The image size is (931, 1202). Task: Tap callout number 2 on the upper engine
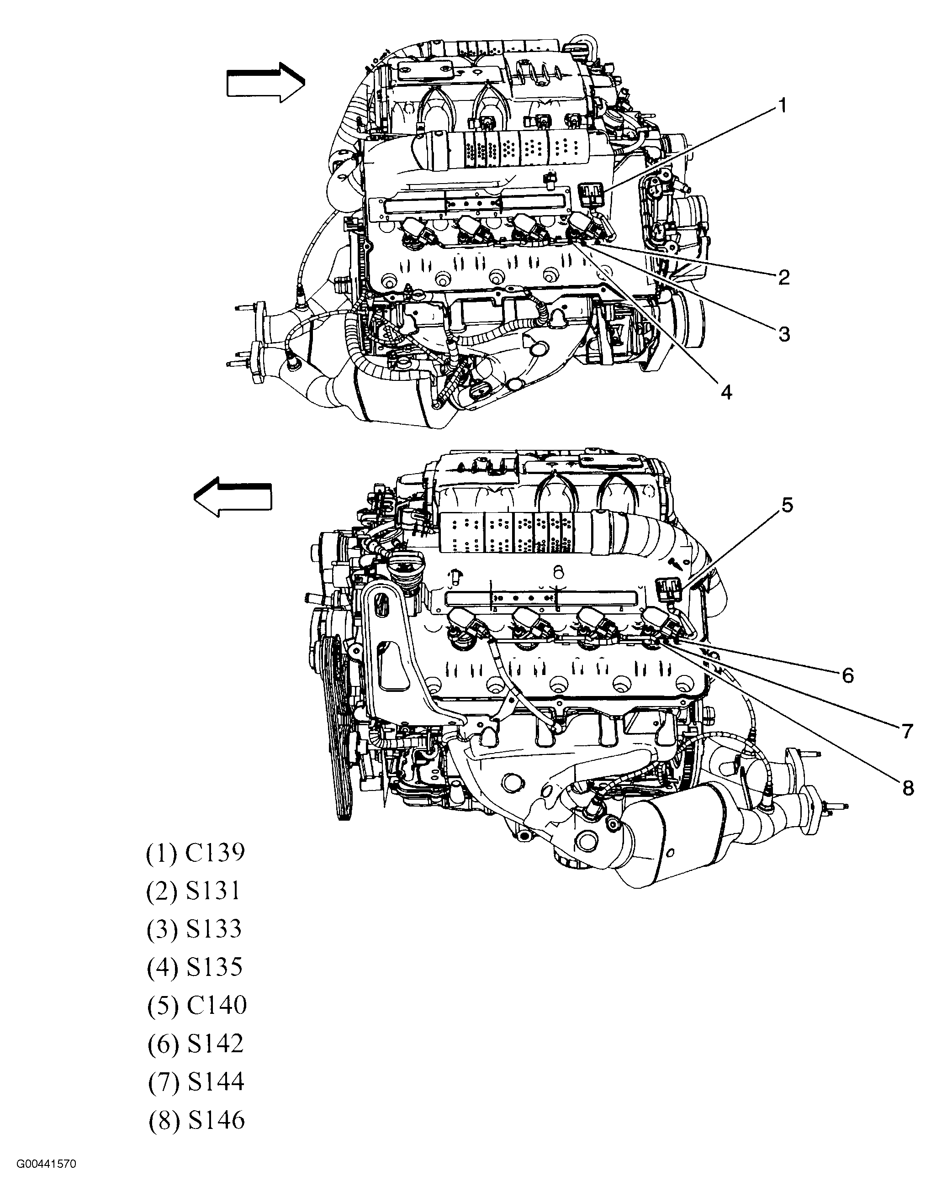point(783,277)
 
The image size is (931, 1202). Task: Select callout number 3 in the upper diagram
point(783,333)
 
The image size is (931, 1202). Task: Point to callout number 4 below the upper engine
point(726,392)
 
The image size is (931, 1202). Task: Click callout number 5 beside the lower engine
point(787,505)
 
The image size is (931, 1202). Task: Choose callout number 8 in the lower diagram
point(908,788)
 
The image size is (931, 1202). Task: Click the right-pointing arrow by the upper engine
point(265,83)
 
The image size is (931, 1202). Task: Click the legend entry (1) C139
point(195,853)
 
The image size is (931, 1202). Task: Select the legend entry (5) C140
point(196,1006)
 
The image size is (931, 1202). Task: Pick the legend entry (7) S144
point(196,1082)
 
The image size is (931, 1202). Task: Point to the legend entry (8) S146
point(196,1120)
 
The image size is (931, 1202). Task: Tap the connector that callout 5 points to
point(669,590)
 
